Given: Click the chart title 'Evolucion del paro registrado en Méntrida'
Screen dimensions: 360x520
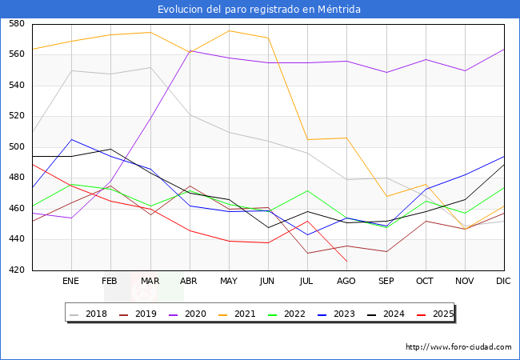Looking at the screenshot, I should [259, 10].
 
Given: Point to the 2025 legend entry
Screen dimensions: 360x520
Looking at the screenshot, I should [438, 314].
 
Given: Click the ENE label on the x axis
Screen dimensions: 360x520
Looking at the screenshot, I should [71, 282].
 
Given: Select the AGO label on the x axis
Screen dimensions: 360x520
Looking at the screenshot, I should [346, 282].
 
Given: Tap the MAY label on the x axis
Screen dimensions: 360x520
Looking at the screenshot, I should [229, 282].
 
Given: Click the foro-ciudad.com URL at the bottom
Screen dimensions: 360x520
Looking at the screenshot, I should [458, 347].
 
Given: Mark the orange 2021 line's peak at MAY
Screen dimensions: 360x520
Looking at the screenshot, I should [229, 30].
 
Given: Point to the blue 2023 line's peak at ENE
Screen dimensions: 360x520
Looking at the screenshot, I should [71, 139].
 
